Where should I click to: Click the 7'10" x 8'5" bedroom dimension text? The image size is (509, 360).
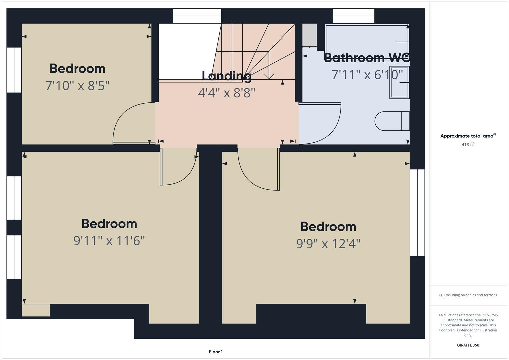(x=77, y=86)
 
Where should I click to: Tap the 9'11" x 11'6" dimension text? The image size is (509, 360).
(x=109, y=241)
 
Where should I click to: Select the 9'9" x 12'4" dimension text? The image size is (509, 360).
(x=328, y=244)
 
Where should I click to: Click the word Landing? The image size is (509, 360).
(x=227, y=76)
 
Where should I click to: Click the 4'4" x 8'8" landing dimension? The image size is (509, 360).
(x=227, y=93)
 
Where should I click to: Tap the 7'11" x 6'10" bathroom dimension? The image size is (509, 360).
(x=367, y=75)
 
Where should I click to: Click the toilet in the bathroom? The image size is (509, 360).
(x=392, y=121)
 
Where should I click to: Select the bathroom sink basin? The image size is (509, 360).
(x=399, y=82)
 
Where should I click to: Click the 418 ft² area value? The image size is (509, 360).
(x=468, y=144)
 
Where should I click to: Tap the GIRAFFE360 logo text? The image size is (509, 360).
(x=468, y=345)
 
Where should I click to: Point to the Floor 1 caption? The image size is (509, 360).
(x=216, y=352)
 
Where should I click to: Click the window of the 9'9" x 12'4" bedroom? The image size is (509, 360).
(x=417, y=213)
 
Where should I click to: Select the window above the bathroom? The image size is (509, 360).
(x=354, y=16)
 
